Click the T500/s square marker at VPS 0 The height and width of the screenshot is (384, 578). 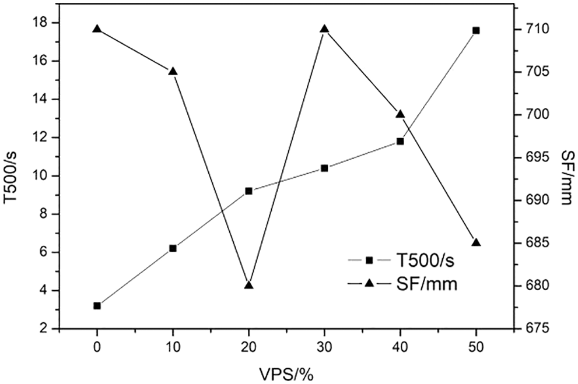97,305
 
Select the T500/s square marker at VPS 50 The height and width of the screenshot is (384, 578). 476,30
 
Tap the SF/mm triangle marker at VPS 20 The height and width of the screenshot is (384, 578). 248,285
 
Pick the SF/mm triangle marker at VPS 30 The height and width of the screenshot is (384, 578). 324,29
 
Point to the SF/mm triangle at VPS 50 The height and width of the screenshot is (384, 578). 476,242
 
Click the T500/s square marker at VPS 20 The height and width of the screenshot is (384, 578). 248,191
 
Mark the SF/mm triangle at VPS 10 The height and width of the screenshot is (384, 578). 173,71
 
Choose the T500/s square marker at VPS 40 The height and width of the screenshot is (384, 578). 400,141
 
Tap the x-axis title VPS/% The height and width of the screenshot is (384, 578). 286,371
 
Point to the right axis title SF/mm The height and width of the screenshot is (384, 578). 565,177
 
